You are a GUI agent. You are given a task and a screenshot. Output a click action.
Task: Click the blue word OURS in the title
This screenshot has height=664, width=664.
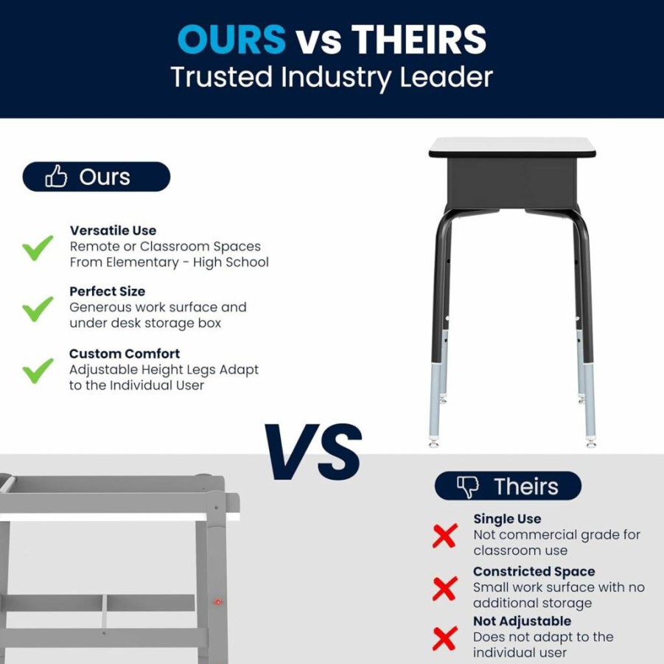pos(231,39)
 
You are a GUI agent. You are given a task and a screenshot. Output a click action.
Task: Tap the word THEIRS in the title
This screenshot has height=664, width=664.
pos(419,39)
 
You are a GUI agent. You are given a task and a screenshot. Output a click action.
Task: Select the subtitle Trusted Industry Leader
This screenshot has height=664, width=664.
pos(332,77)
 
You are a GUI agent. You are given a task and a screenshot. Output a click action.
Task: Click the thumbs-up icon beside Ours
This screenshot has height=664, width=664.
pos(56,175)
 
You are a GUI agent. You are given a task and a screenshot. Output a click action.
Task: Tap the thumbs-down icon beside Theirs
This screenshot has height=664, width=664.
pos(467,486)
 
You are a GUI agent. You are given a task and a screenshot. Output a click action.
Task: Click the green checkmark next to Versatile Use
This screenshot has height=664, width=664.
pos(38,248)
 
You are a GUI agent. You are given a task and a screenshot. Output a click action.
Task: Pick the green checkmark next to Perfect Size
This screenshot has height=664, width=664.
pos(38,309)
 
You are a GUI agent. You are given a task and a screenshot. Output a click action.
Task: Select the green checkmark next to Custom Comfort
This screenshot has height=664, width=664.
pos(38,371)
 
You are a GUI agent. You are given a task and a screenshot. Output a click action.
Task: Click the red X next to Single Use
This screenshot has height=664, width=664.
pos(444,536)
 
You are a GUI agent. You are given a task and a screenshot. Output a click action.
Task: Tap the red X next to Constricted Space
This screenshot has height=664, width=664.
pos(444,588)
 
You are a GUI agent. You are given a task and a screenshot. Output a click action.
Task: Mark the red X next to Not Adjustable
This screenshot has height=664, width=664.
pos(444,638)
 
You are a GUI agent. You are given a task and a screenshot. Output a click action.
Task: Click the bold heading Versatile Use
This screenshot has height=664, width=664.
pos(113,231)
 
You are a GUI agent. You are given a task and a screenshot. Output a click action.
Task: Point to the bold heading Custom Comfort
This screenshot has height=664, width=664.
pos(125,354)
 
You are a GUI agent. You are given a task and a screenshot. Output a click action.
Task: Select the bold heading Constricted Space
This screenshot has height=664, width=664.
pos(534,571)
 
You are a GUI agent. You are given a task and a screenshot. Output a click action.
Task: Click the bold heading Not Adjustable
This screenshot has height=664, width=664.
pos(523,621)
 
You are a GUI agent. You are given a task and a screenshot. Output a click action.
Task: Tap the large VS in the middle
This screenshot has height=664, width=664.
pos(313,452)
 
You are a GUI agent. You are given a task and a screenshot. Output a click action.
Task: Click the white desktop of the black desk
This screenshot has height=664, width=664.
pos(512,147)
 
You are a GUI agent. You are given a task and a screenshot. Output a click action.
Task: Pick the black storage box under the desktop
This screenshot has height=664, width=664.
pos(512,183)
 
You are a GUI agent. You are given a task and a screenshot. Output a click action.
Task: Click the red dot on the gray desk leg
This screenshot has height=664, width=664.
pos(217,602)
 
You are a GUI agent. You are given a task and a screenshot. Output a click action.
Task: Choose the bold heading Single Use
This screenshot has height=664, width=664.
pos(507,519)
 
